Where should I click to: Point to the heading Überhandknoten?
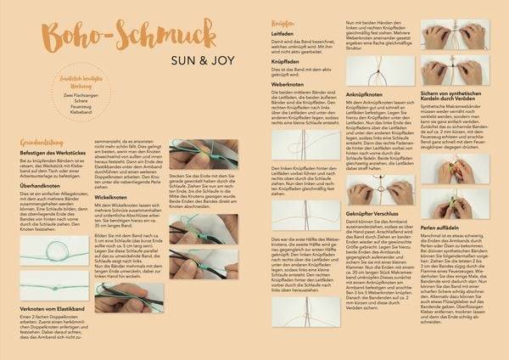tap(46, 187)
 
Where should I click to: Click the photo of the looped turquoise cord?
tap(53, 260)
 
